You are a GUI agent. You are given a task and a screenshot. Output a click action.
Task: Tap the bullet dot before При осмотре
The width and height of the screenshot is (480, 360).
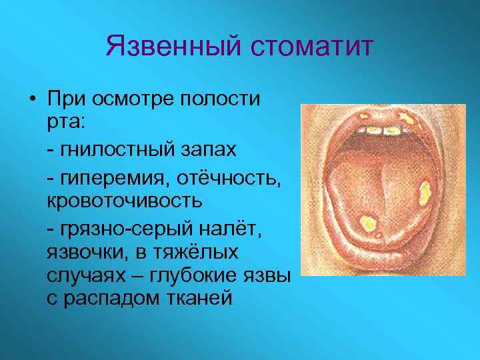pos(32,100)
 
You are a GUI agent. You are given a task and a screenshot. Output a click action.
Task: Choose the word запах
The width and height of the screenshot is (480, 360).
pos(207,149)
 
